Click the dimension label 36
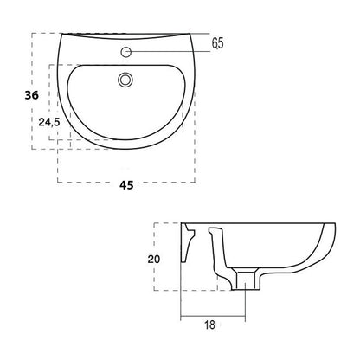31,95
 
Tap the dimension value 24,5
49,122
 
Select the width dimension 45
126,185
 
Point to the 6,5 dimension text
217,43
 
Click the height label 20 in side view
154,260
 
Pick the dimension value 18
209,325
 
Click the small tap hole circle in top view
126,52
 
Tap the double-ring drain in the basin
125,80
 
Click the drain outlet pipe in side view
246,279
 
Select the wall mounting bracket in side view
188,242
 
